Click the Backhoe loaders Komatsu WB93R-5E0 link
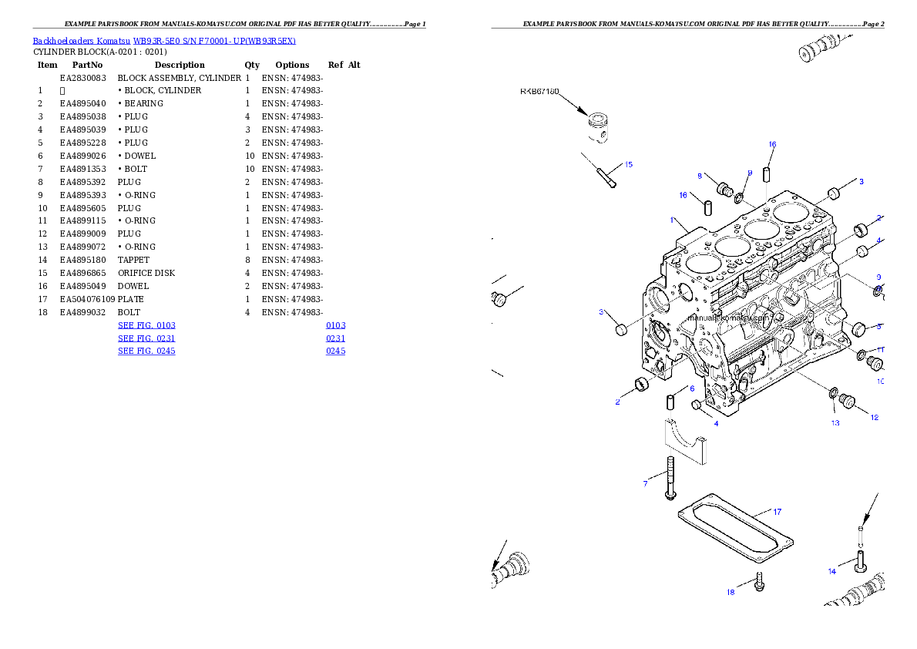[x=164, y=41]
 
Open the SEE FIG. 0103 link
[x=146, y=325]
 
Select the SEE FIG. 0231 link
[x=146, y=338]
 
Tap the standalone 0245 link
[x=335, y=351]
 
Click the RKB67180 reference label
[x=539, y=91]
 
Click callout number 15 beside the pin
[x=628, y=164]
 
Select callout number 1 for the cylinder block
[x=672, y=220]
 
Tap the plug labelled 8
[x=723, y=189]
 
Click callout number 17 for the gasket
[x=777, y=511]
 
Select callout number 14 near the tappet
[x=831, y=571]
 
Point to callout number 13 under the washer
[x=835, y=422]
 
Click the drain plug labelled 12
[x=848, y=401]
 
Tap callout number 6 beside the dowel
[x=691, y=388]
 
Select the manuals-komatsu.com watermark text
[x=727, y=317]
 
